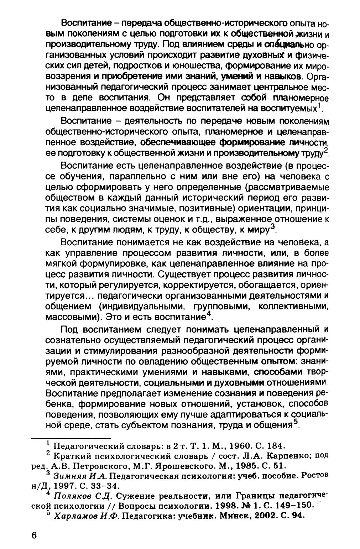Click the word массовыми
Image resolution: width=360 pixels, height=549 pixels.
[71, 317]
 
